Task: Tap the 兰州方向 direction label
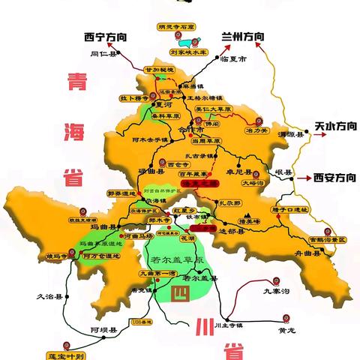pos(243,35)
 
